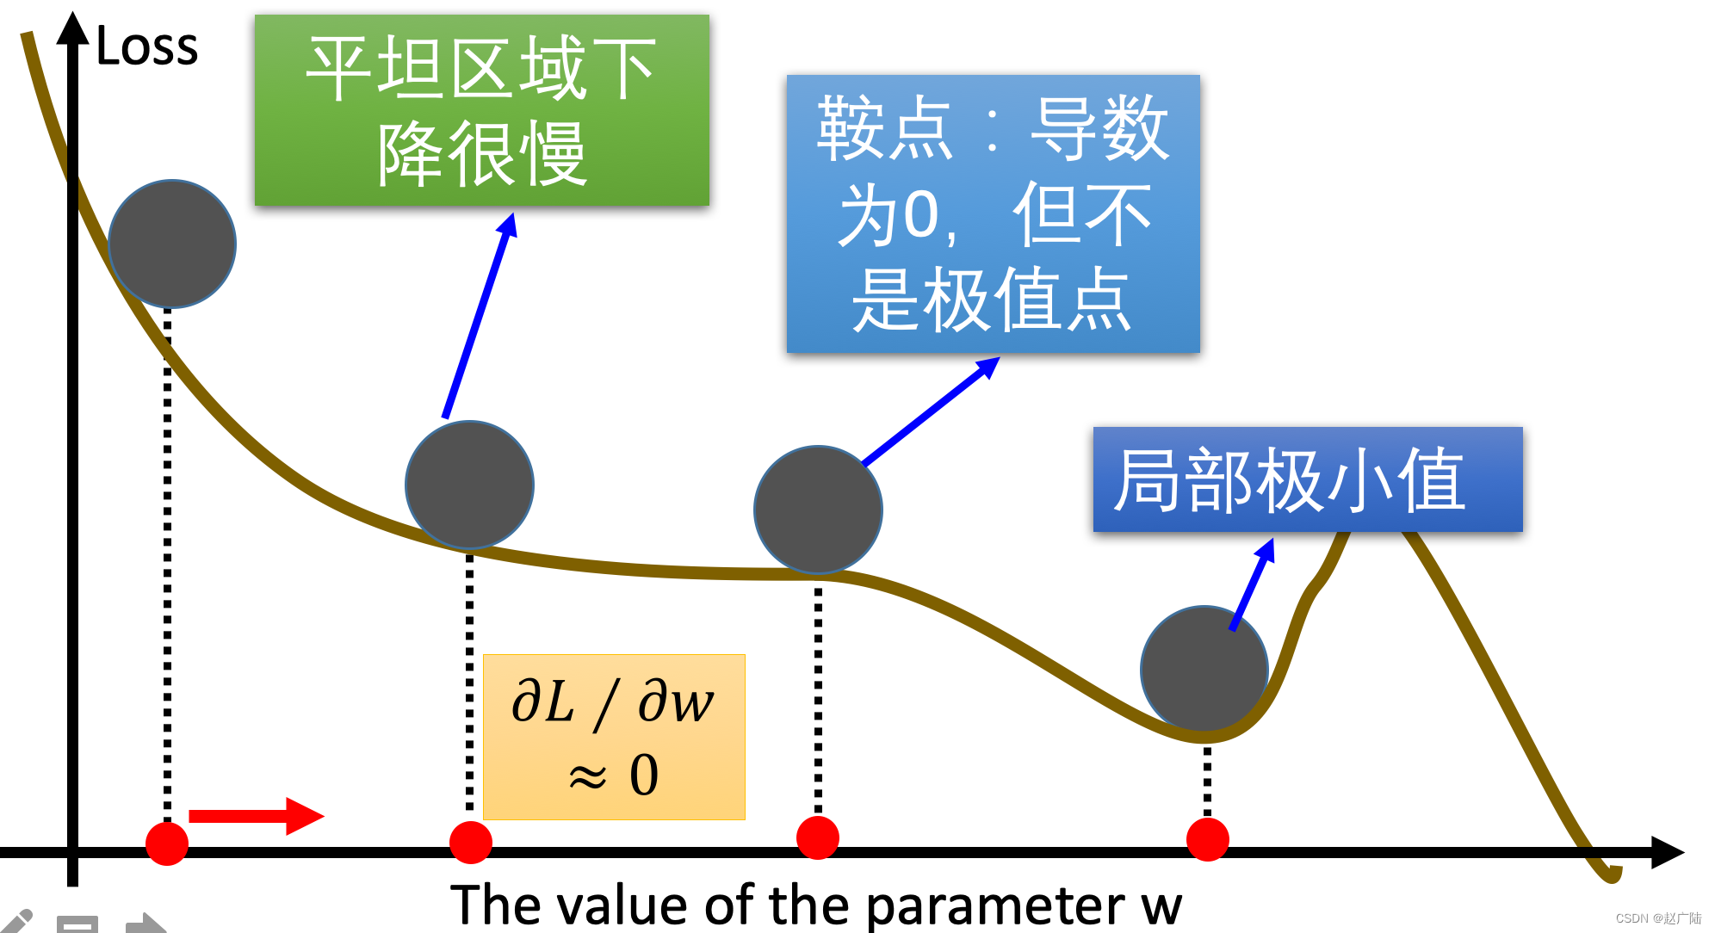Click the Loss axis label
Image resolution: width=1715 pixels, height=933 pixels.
click(146, 46)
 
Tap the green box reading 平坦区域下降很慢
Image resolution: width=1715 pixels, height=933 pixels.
click(481, 110)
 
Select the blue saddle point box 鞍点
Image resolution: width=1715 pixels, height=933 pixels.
click(993, 213)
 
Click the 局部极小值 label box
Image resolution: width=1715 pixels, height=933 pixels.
click(1307, 479)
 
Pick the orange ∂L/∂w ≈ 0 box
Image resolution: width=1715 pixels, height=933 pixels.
click(614, 737)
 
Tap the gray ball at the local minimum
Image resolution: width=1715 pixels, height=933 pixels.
click(1204, 670)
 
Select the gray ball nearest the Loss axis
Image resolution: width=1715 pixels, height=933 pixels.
click(172, 244)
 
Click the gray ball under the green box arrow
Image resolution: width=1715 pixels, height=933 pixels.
click(469, 485)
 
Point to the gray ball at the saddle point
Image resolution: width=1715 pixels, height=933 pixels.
click(818, 510)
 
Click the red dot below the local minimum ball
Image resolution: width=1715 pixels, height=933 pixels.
click(1207, 839)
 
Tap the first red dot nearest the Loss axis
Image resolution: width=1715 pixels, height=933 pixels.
click(167, 843)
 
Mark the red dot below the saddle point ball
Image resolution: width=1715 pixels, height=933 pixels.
click(818, 837)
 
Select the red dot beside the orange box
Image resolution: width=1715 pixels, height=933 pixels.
click(471, 842)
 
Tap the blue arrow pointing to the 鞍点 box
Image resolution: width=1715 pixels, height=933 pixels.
click(931, 411)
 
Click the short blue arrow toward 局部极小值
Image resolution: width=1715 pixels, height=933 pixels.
click(1252, 585)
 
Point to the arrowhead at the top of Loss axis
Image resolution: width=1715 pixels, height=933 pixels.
click(73, 28)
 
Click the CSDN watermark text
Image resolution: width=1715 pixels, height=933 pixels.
click(1658, 918)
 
